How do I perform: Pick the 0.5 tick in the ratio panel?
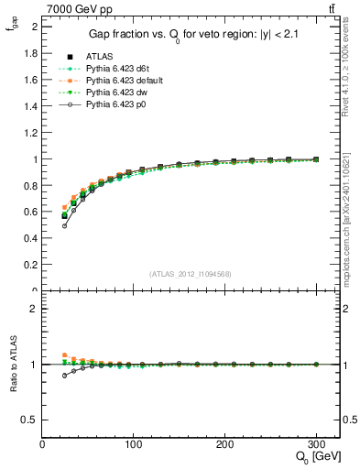[x=30, y=420]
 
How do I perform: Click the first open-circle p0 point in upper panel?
[x=64, y=225]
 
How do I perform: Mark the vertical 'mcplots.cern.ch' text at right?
[x=352, y=229]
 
